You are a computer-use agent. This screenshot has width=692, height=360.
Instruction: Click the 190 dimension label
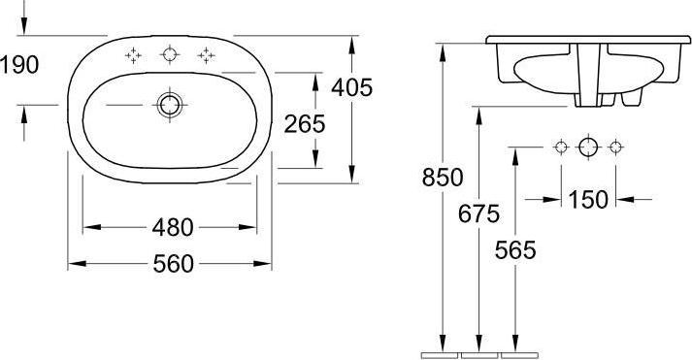(x=19, y=65)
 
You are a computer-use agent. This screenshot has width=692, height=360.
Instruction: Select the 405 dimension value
(x=352, y=87)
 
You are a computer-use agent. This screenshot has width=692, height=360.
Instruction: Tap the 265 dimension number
(x=305, y=124)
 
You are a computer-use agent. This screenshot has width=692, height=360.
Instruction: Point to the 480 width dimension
(x=173, y=227)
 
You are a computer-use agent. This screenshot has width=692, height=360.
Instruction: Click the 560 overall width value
(x=174, y=264)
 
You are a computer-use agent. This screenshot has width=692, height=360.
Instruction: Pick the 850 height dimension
(x=443, y=178)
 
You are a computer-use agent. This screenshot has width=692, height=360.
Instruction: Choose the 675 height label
(x=478, y=214)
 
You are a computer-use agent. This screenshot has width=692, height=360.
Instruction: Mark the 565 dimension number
(x=515, y=250)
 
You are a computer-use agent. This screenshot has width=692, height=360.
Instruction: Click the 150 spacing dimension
(x=588, y=200)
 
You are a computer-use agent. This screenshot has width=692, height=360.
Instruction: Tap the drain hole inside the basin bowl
(x=170, y=105)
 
